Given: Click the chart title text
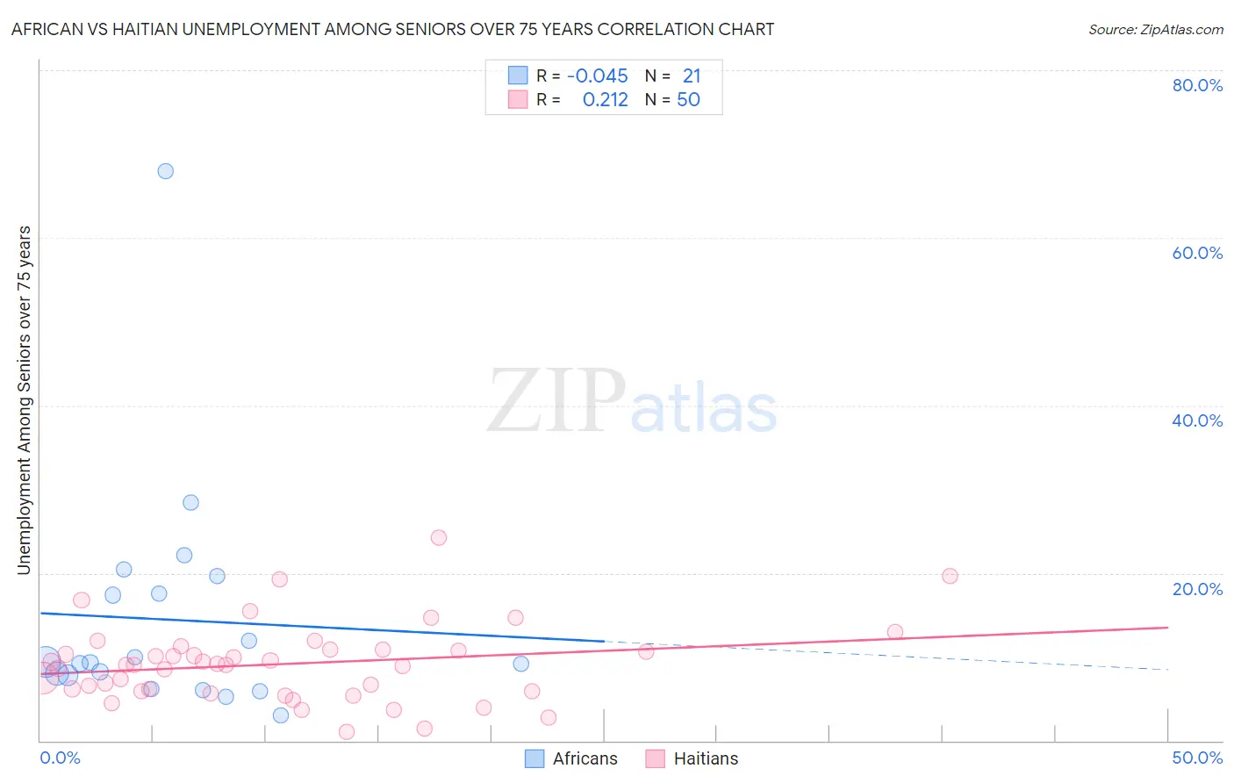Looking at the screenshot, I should pyautogui.click(x=392, y=29).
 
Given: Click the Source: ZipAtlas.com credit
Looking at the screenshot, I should pyautogui.click(x=1155, y=29).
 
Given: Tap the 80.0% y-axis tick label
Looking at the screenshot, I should pyautogui.click(x=1197, y=85).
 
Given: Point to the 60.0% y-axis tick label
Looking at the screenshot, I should pyautogui.click(x=1197, y=253).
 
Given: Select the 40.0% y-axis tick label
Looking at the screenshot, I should pyautogui.click(x=1197, y=420).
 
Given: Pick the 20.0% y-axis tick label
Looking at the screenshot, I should pyautogui.click(x=1197, y=588).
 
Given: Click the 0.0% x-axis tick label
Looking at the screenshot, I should pyautogui.click(x=60, y=758).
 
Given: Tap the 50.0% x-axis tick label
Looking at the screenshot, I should pyautogui.click(x=1197, y=758).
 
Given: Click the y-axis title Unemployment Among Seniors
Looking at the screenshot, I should pyautogui.click(x=24, y=400).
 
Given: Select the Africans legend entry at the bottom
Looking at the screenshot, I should pyautogui.click(x=571, y=758).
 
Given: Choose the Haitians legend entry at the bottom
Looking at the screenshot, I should pyautogui.click(x=692, y=758).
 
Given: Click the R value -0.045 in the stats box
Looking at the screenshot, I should pyautogui.click(x=597, y=76).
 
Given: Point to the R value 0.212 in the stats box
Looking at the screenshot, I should pyautogui.click(x=605, y=100).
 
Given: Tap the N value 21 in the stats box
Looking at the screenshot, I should pyautogui.click(x=692, y=76).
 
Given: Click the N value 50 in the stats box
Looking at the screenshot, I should pyautogui.click(x=688, y=100).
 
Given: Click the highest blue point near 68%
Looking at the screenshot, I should pyautogui.click(x=165, y=171).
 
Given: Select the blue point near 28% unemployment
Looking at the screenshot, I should pyautogui.click(x=190, y=503).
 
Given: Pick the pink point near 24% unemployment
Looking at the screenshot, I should pyautogui.click(x=439, y=537).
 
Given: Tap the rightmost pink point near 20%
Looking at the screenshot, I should pyautogui.click(x=950, y=576).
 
